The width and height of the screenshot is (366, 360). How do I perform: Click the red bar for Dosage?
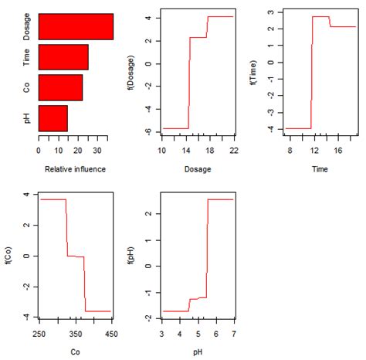(76, 26)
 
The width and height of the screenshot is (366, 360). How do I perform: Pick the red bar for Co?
(60, 87)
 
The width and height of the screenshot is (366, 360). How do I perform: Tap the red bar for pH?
(53, 117)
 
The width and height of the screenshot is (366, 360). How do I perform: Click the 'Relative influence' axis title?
(76, 168)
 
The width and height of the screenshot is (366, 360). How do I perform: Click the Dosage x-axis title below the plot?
(198, 168)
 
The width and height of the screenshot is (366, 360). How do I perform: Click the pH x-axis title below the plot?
(198, 351)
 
